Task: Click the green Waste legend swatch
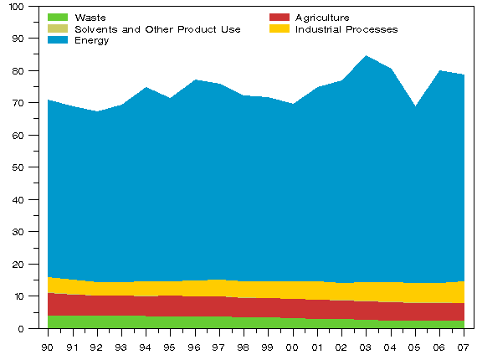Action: point(58,17)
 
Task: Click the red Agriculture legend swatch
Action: point(280,17)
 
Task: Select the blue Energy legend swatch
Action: point(58,40)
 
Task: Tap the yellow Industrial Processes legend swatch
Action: point(280,28)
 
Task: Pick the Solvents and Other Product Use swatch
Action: point(58,28)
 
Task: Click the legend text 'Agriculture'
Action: point(322,18)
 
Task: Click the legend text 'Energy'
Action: point(92,41)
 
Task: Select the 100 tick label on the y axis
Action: point(18,7)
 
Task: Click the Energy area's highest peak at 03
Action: point(366,57)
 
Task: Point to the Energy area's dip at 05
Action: point(415,107)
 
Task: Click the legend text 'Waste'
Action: point(90,18)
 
